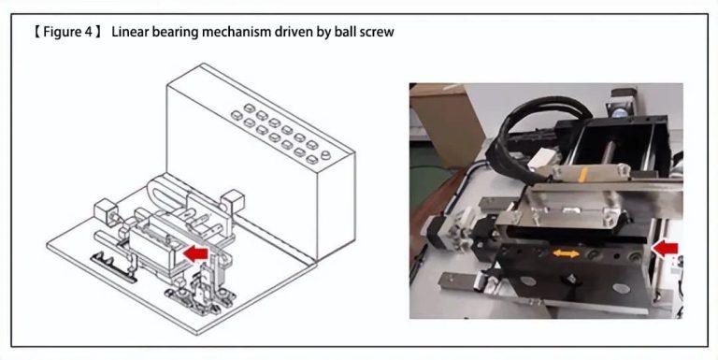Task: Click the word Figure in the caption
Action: coord(62,32)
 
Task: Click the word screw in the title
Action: coord(376,32)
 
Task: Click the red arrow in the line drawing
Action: coord(195,252)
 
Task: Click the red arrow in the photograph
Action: coord(666,248)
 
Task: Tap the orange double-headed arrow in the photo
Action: coord(562,252)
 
